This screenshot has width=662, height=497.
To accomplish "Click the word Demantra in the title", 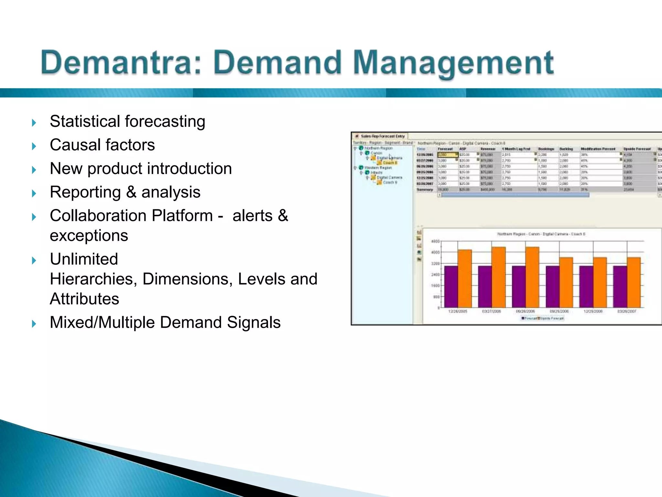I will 121,62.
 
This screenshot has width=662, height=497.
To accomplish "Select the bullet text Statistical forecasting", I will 127,122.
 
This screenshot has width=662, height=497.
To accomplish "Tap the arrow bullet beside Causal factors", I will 34,146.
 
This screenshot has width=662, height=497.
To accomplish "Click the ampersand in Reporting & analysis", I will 131,192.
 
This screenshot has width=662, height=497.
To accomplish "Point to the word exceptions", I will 89,236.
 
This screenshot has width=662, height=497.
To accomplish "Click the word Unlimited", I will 84,259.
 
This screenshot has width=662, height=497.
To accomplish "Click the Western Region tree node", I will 378,168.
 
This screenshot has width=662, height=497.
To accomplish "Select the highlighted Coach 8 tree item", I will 390,163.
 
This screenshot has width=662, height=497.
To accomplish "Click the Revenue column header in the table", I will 488,149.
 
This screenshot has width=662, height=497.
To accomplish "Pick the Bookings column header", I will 546,149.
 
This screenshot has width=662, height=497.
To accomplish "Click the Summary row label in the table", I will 425,190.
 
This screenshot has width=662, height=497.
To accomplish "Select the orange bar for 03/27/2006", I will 498,277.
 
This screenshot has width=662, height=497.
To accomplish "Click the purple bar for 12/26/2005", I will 451,286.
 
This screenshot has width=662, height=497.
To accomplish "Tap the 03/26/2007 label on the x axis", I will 626,311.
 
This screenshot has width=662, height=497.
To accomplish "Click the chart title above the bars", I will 541,234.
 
